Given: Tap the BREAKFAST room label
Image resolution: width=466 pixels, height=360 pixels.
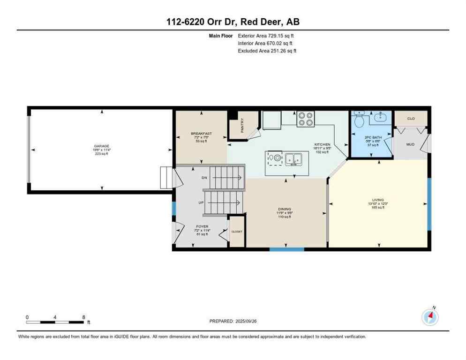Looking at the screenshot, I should point(201,134).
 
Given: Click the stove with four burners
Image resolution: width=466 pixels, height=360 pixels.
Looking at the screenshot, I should point(306,119).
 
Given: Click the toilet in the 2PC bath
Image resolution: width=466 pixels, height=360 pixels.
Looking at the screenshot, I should point(360,121).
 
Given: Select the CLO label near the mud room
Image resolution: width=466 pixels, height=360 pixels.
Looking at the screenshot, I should point(411,119).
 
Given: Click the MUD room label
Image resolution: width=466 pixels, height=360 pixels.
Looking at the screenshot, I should point(410,145).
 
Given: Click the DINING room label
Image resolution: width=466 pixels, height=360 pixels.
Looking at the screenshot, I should point(285,209).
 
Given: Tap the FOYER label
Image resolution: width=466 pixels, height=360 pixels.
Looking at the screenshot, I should point(202,226).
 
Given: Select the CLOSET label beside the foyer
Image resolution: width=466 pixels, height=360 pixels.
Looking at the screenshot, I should point(237,232).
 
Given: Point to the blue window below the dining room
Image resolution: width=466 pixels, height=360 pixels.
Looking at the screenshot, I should point(286,249).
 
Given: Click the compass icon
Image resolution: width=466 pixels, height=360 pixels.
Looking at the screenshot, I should point(429,317).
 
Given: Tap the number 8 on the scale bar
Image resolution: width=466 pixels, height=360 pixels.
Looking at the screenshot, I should point(83,317).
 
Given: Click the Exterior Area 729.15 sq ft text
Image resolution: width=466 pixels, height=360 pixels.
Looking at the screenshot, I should point(266,36).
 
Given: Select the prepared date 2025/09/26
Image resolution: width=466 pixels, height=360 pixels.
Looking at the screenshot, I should point(253,321).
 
